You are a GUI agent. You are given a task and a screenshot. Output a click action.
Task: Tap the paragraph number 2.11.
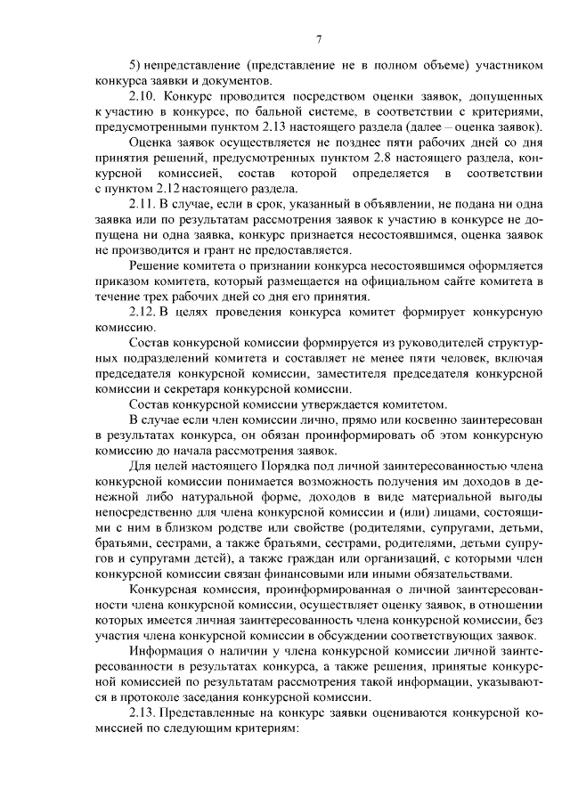tap(143, 205)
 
